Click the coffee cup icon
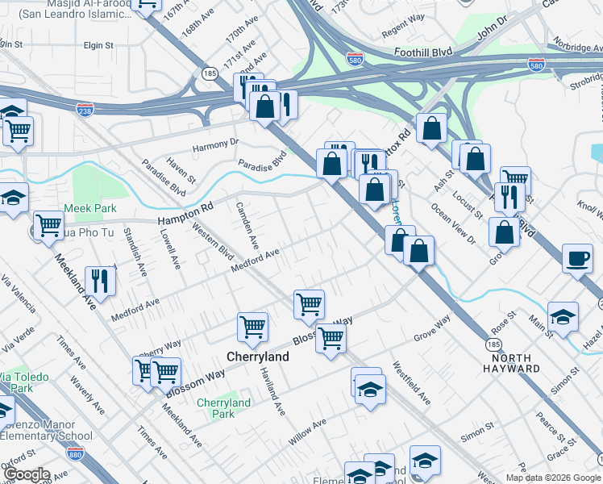pos(576,259)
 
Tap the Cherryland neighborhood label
pos(252,356)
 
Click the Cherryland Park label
pos(224,408)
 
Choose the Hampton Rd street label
pos(185,212)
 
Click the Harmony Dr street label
pos(217,145)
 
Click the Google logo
pos(27,474)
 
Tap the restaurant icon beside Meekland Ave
pos(101,280)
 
